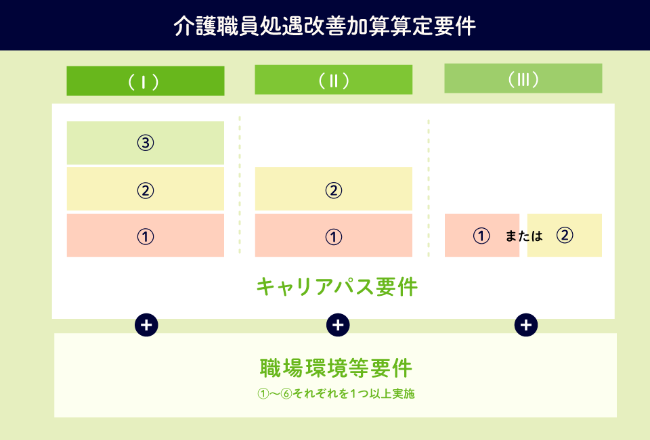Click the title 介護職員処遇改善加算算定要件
coord(324,26)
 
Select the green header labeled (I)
coord(146,81)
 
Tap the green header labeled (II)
coord(334,80)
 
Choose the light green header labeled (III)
coord(523,79)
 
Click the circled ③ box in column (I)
coord(146,143)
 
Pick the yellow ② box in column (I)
coord(146,190)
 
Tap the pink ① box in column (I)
coord(146,236)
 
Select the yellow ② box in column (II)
coord(334,190)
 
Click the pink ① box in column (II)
coord(334,236)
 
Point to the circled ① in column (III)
coord(481,236)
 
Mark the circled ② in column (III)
coord(565,236)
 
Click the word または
coord(524,236)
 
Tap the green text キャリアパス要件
coord(337,287)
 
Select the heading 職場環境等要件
coord(336,368)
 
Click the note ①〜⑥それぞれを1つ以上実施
coord(336,393)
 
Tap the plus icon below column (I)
coord(146,325)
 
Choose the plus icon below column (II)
coord(338,325)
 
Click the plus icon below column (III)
coord(526,325)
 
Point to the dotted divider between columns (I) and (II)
coord(240,185)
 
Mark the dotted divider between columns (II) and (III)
coord(429,188)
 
